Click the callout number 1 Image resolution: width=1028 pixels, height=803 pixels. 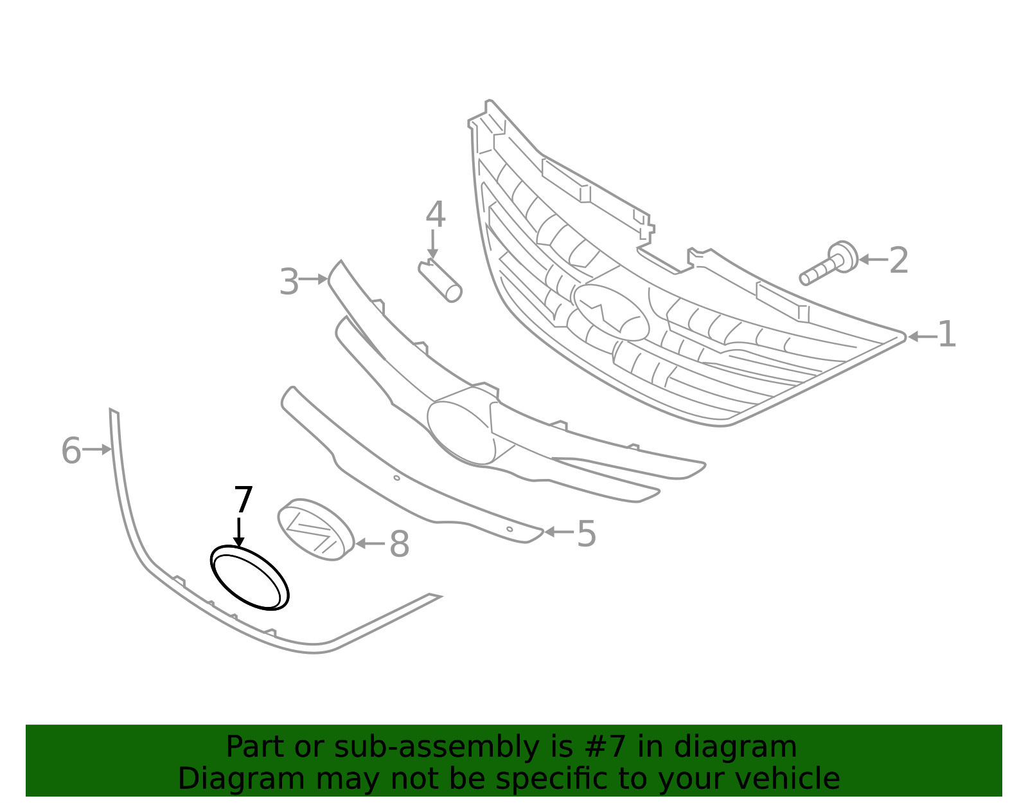point(946,334)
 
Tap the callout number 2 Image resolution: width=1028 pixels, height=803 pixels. point(899,260)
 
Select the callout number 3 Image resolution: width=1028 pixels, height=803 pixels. point(289,282)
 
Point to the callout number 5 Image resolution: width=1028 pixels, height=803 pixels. point(586,534)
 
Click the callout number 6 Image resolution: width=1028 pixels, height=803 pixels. point(71,450)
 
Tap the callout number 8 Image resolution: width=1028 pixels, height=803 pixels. point(399,544)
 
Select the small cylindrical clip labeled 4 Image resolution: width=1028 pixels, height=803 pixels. point(439,281)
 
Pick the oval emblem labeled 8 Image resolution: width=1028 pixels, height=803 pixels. point(315,529)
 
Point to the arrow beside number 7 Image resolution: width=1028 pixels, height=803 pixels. point(239,532)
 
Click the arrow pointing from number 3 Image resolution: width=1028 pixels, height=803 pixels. point(314,279)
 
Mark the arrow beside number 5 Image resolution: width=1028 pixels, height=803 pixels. point(559,532)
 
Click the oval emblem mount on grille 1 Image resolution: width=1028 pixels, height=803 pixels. point(610,312)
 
